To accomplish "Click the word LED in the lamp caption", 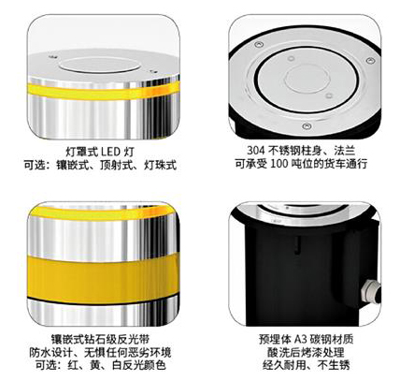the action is (x=110, y=152).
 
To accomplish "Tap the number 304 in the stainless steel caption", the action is (x=255, y=151).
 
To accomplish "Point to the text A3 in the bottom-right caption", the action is (x=301, y=339).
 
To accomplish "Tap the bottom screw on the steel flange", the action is (x=307, y=126).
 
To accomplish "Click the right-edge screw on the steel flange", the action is (x=370, y=60).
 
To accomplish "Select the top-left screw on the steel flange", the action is (x=259, y=45).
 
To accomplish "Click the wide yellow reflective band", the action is (x=104, y=275).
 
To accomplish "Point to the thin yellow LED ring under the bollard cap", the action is (x=104, y=91).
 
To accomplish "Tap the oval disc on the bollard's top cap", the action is (x=99, y=66).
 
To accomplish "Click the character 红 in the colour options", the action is (x=73, y=364).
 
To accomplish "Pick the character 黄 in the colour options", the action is (x=95, y=364).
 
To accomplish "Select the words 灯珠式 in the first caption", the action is (x=161, y=165).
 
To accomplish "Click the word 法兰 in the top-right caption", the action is (x=345, y=151).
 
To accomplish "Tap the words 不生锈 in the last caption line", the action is (x=334, y=364).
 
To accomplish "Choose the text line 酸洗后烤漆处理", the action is (x=306, y=352).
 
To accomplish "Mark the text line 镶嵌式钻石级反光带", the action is (x=100, y=339).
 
